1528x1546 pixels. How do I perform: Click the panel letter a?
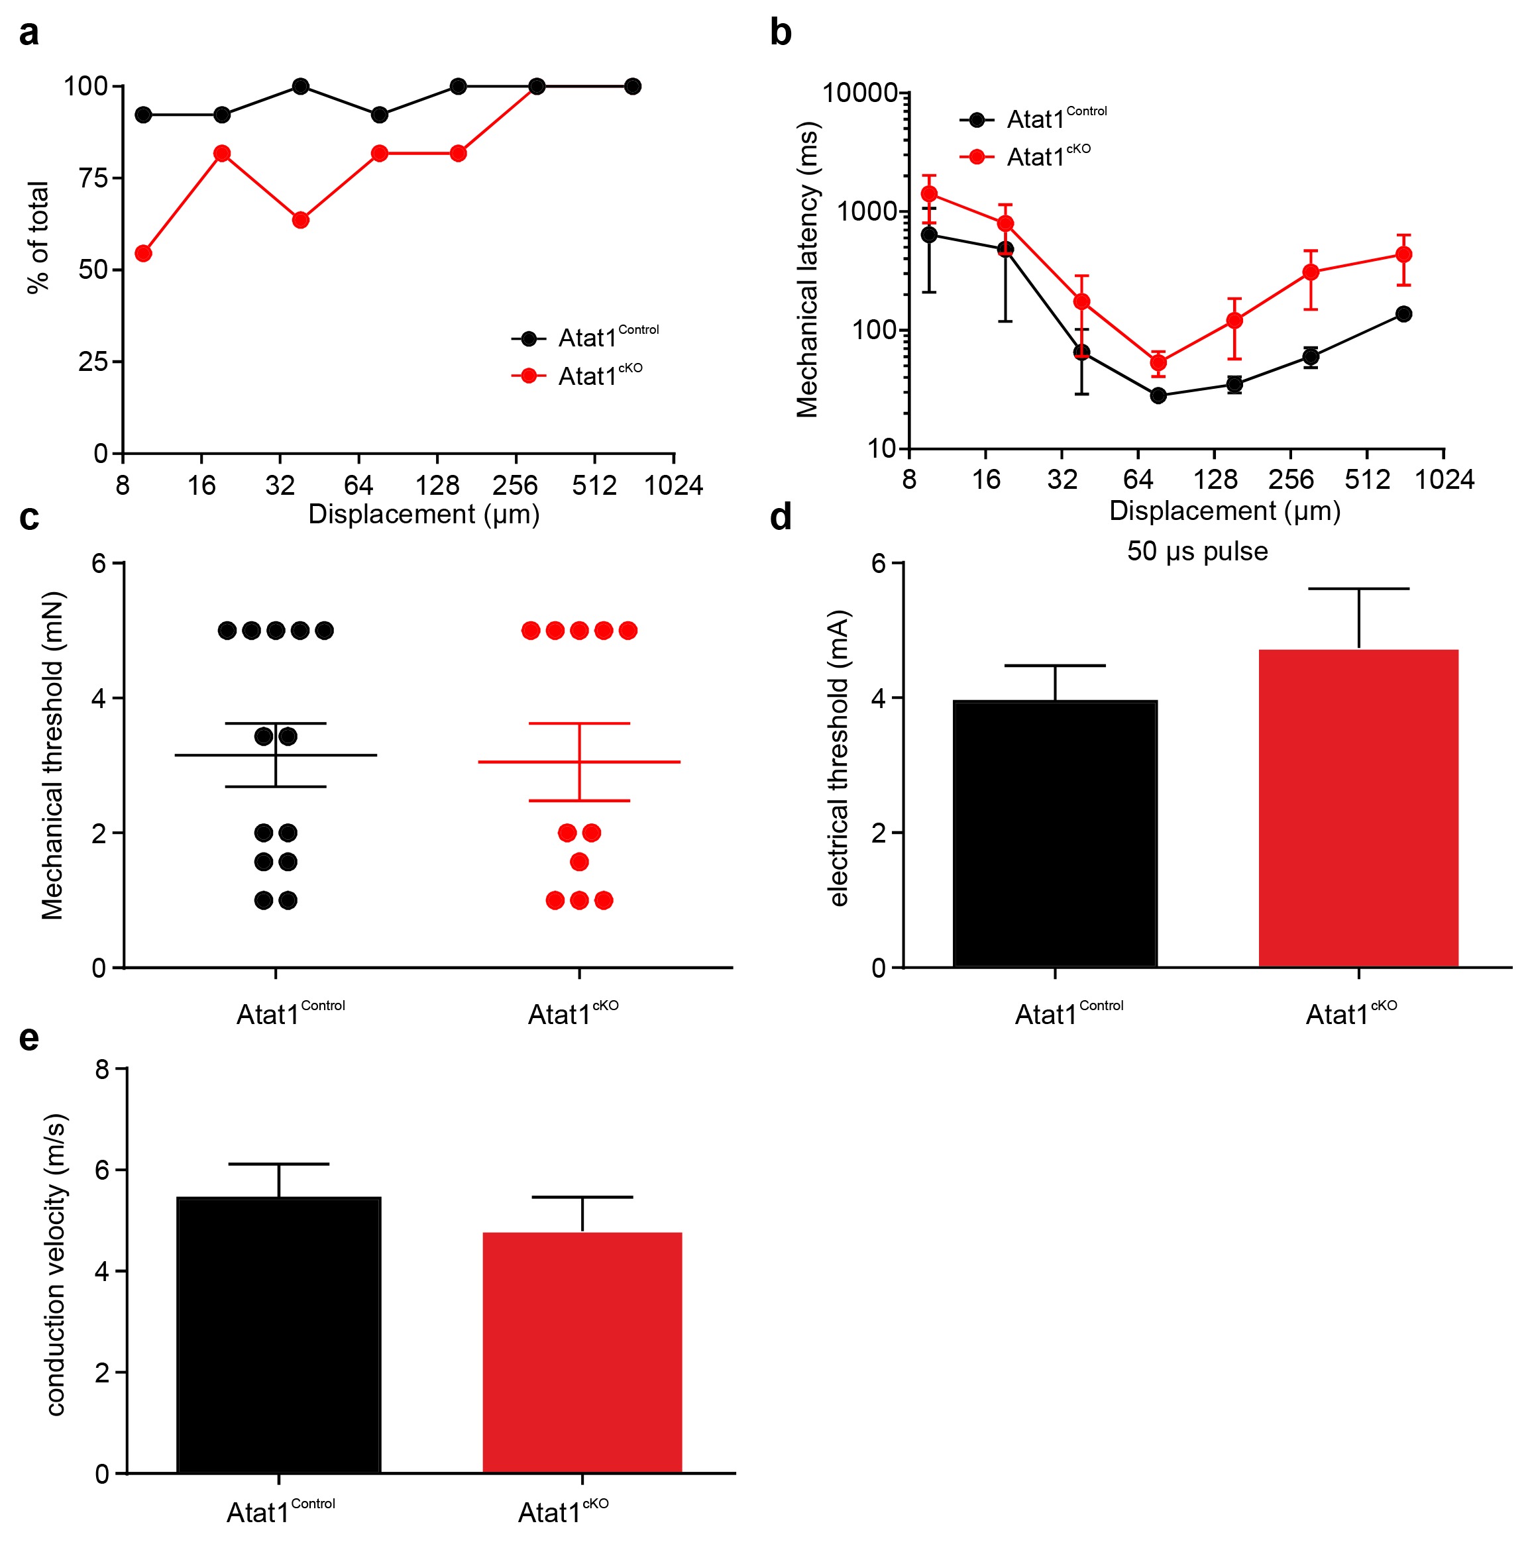[28, 34]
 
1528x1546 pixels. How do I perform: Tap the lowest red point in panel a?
[143, 254]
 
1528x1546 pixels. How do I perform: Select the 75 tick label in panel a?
[93, 178]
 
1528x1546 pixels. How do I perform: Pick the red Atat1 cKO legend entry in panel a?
[577, 376]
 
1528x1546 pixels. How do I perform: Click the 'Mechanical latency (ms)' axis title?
[808, 270]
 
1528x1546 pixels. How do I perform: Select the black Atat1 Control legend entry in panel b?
[1033, 119]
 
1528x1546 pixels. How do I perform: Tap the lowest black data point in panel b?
[1158, 395]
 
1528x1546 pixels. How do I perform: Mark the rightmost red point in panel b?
[1403, 254]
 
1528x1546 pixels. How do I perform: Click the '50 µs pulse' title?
[1197, 551]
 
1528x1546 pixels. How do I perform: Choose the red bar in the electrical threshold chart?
[1358, 808]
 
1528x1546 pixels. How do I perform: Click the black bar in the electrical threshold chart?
[1055, 834]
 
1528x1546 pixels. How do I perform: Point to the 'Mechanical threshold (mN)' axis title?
[53, 756]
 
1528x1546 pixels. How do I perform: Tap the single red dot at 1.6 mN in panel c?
[578, 862]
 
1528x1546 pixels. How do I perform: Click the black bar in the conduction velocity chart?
[278, 1335]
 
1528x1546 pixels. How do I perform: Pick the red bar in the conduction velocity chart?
[582, 1353]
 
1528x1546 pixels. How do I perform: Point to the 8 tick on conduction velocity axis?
[103, 1069]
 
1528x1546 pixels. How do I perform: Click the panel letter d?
[781, 518]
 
